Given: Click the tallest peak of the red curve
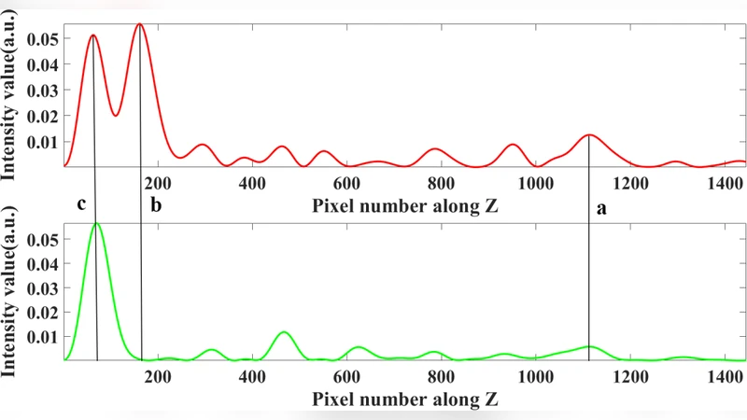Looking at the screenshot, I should (139, 24).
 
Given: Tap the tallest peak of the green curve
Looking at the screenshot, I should (96, 223).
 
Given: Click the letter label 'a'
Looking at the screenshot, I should (601, 209).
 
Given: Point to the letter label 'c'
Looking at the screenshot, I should (82, 204).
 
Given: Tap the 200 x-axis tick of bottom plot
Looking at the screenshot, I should (158, 378).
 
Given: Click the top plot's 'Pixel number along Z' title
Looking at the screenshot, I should (404, 205).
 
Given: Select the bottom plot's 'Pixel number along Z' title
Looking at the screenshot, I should (404, 399).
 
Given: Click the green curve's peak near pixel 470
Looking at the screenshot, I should (285, 332).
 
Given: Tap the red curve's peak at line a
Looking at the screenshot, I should (588, 134).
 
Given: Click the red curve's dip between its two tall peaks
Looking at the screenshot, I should (115, 115).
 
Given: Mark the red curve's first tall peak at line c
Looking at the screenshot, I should (93, 35).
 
